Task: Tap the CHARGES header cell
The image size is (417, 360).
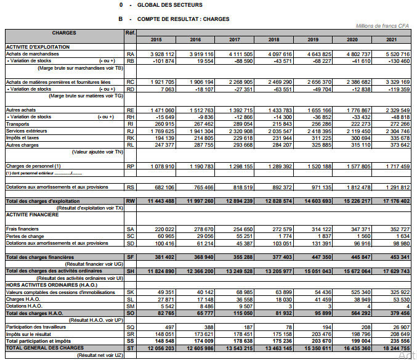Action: pos(64,32)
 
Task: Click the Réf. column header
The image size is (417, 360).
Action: pos(130,32)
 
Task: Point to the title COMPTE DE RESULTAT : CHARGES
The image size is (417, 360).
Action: pos(179,19)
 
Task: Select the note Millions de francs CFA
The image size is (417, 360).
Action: pos(383,26)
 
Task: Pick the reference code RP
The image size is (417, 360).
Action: pos(130,166)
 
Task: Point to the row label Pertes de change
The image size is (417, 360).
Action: pos(25,236)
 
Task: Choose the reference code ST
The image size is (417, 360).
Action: pos(130,348)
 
